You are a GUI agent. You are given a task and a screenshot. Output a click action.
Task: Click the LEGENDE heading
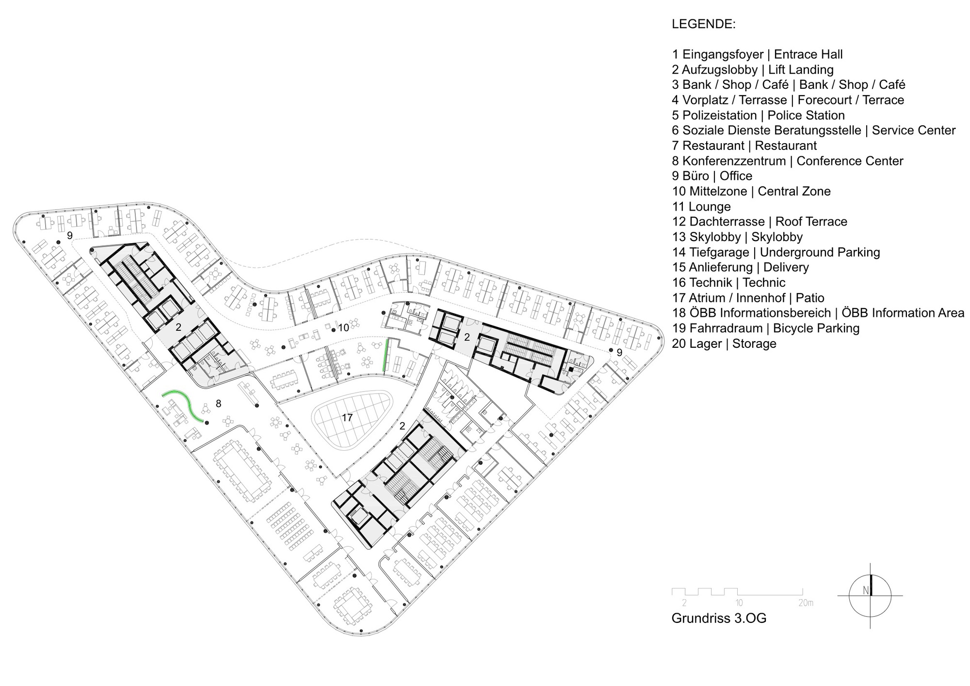click(x=703, y=24)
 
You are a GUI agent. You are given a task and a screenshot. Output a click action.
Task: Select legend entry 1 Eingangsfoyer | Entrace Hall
click(x=757, y=54)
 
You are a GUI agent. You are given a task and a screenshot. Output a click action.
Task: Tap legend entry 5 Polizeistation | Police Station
click(x=758, y=115)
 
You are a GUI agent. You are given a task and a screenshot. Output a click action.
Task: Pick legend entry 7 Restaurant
click(x=744, y=146)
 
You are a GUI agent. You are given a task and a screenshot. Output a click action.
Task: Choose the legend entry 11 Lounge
click(x=701, y=207)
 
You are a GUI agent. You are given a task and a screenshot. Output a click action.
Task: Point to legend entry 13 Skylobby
click(x=737, y=237)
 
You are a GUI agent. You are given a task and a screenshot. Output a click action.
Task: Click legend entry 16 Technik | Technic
click(x=728, y=282)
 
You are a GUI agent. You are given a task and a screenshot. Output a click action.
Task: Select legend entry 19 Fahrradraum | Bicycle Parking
click(x=765, y=328)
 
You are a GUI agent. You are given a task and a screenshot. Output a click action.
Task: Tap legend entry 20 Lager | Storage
click(x=724, y=343)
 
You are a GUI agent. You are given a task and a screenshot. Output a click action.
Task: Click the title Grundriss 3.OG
click(x=719, y=619)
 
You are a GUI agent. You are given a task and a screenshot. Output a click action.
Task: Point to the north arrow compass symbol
click(x=870, y=595)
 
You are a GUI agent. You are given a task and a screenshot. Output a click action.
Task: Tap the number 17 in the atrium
click(x=347, y=417)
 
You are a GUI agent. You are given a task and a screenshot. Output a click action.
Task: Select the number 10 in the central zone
click(x=343, y=328)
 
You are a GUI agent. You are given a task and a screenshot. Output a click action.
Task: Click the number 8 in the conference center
click(x=218, y=404)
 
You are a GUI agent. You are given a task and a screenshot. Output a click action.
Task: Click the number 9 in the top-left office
click(x=70, y=235)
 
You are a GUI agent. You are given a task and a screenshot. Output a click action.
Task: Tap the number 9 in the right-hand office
click(x=619, y=353)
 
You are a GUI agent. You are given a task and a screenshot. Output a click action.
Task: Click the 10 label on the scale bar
click(x=739, y=604)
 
